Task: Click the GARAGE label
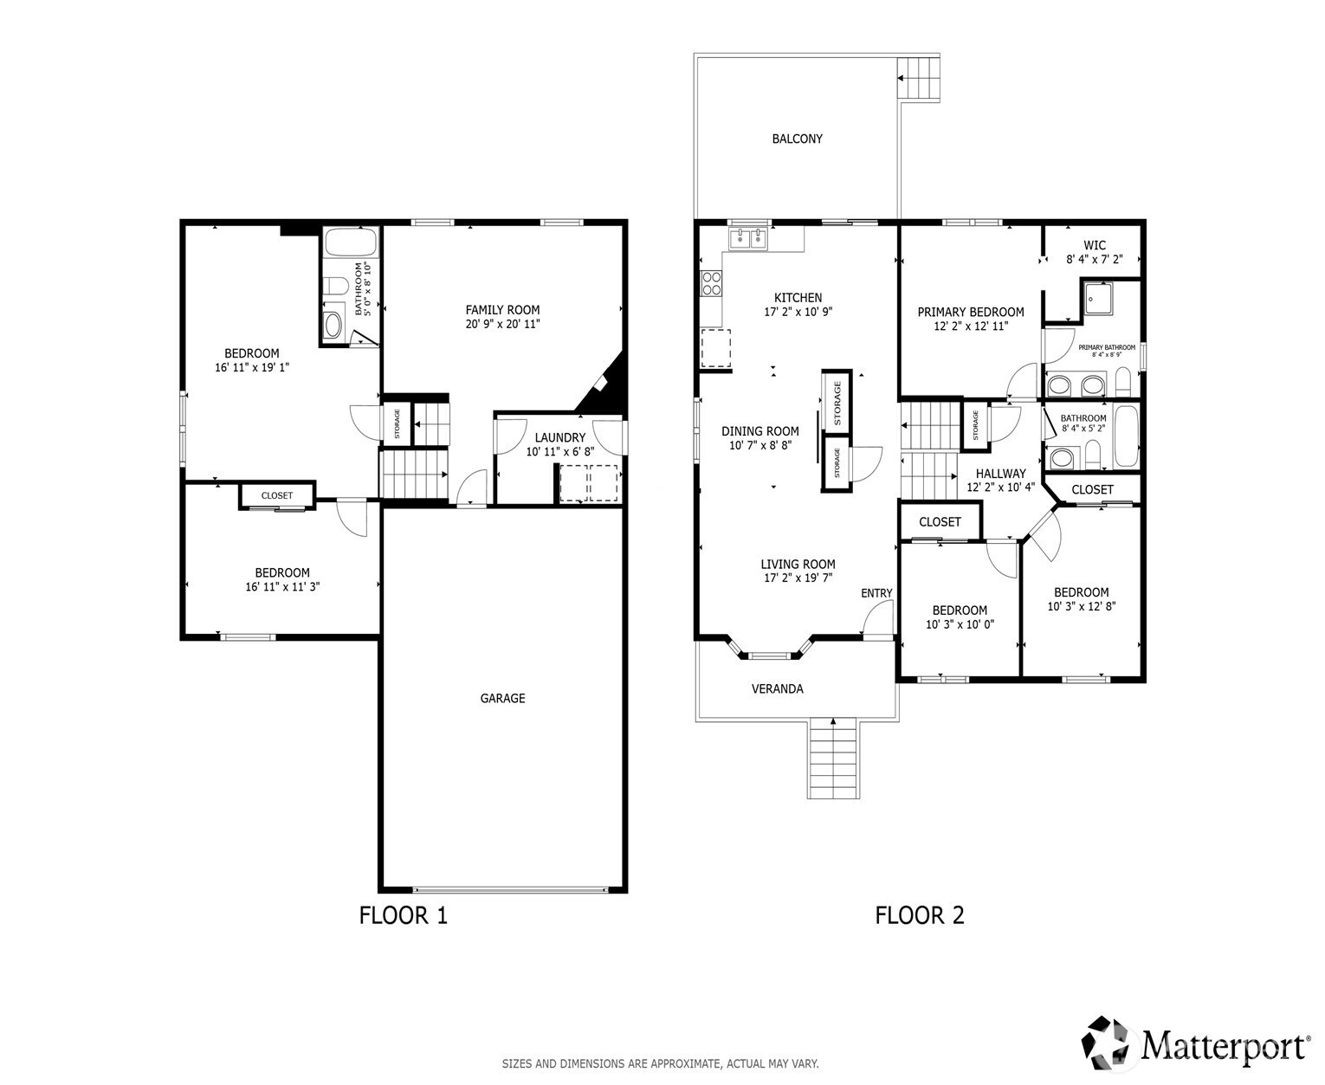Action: (x=502, y=698)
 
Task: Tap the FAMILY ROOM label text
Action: (x=502, y=310)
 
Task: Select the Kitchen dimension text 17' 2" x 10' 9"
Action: (x=798, y=312)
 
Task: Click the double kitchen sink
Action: (x=747, y=238)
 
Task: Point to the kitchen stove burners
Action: (x=712, y=282)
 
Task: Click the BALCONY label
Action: (x=797, y=139)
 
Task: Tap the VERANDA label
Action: (x=777, y=688)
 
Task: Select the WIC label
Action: (x=1095, y=245)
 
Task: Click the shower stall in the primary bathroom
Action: (x=1097, y=299)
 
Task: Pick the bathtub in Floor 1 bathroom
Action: (x=352, y=242)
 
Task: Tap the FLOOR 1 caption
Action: (x=404, y=915)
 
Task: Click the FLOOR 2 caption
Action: (x=919, y=915)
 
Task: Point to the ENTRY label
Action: (x=876, y=593)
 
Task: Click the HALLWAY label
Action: (x=1000, y=474)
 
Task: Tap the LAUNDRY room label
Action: (x=559, y=438)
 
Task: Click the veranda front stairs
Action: (x=832, y=759)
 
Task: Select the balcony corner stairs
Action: (x=918, y=78)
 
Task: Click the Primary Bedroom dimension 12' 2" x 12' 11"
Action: (x=971, y=326)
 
